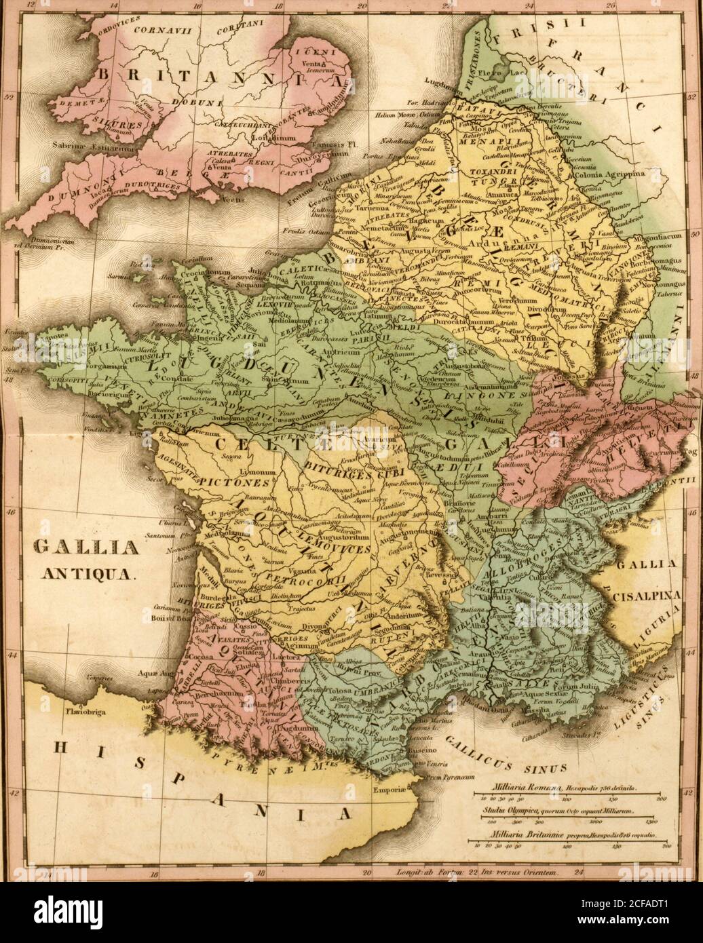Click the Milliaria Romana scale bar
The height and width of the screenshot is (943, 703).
tap(565, 800)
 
